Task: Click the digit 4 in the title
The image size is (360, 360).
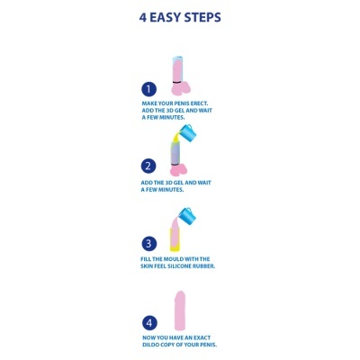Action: tap(144, 17)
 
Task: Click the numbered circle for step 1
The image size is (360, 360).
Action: tap(149, 89)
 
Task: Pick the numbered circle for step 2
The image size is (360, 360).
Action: tap(149, 166)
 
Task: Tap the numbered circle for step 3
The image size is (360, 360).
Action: tap(149, 243)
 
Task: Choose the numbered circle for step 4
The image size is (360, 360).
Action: tap(149, 322)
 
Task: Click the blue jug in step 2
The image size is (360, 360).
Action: tap(187, 133)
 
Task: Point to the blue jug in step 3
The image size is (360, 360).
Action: tap(186, 215)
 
